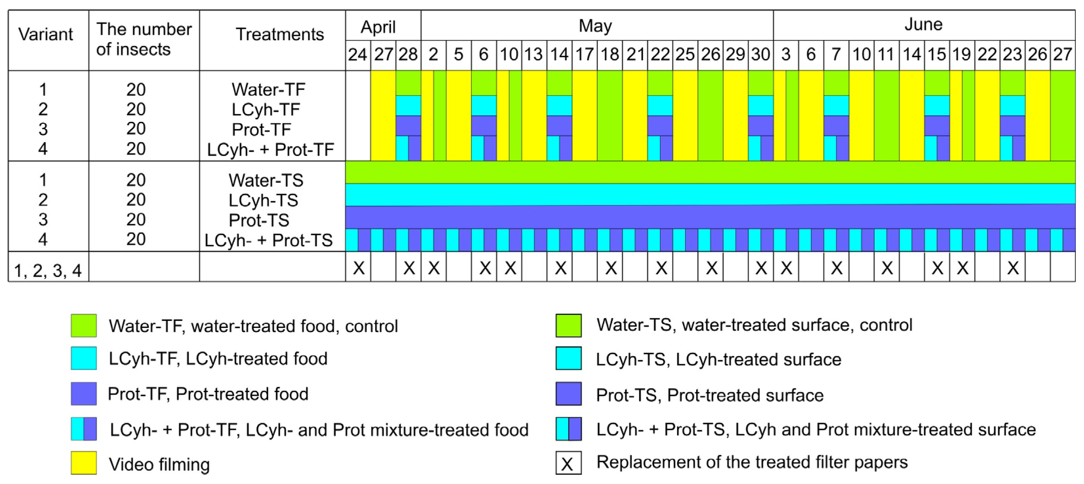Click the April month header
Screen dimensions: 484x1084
click(378, 27)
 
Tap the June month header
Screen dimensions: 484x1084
click(923, 24)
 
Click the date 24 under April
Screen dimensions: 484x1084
click(357, 55)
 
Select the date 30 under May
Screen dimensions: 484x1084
click(760, 55)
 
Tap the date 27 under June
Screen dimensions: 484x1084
click(1062, 55)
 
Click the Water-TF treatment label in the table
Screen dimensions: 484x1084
click(268, 89)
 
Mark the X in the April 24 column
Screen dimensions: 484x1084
click(358, 268)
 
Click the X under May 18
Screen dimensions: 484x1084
click(611, 268)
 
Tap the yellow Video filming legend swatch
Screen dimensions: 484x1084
click(84, 463)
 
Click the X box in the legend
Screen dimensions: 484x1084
click(568, 463)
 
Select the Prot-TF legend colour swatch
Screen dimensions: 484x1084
click(84, 394)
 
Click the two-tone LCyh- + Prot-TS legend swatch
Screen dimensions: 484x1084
click(568, 429)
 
